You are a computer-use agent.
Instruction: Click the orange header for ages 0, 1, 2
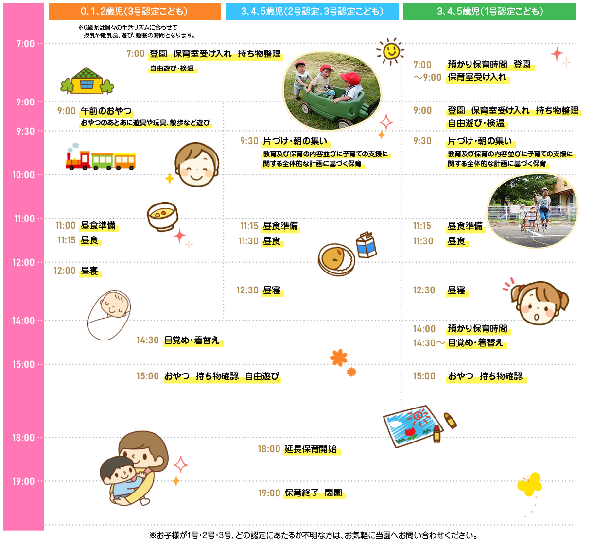coord(135,11)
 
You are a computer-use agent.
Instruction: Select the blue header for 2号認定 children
coord(312,11)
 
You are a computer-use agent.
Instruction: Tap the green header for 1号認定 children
coord(489,11)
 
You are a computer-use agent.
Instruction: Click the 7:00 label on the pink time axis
coord(25,44)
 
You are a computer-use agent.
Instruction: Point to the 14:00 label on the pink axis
coord(23,321)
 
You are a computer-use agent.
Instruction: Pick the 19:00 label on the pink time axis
coord(23,481)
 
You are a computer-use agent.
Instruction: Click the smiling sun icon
coord(390,51)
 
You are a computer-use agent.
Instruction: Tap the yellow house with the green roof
coord(87,81)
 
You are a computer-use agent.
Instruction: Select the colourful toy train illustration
coord(101,157)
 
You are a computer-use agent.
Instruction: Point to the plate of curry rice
coord(336,259)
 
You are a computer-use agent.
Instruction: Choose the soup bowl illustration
coord(163,216)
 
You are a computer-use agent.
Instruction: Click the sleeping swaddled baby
coord(109,315)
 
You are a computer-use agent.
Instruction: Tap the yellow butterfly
coord(530,483)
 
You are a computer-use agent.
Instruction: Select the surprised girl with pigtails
coord(537,302)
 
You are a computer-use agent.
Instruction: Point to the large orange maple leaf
coord(338,358)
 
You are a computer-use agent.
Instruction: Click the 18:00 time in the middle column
coord(269,449)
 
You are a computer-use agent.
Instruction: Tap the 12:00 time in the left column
coord(65,271)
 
